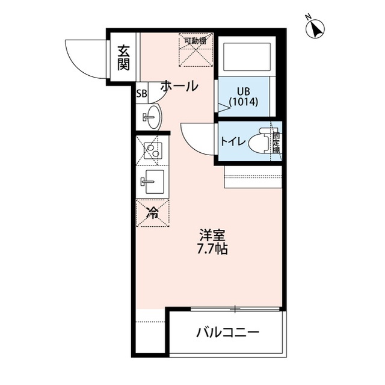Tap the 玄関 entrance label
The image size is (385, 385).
click(x=123, y=57)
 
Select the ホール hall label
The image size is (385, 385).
click(x=179, y=87)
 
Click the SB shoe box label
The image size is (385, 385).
click(x=141, y=93)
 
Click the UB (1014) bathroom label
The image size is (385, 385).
click(x=243, y=97)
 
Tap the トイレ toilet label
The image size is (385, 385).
click(x=232, y=142)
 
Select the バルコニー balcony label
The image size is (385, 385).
click(x=228, y=333)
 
